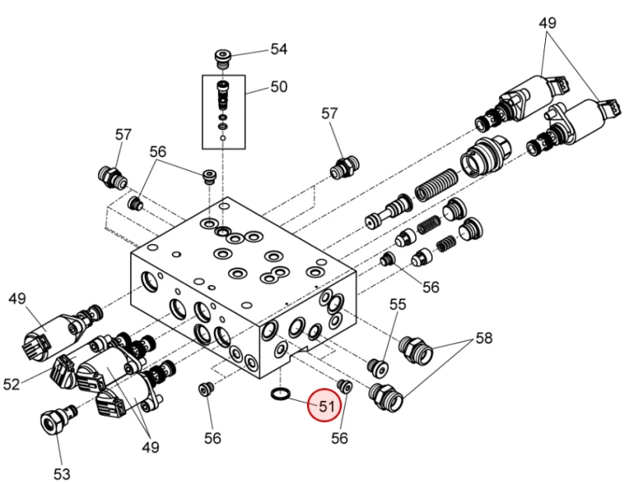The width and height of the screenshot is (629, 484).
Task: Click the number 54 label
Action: (x=278, y=49)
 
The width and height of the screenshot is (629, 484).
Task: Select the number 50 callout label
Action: (x=278, y=86)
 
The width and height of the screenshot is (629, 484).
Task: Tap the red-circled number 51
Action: (x=326, y=407)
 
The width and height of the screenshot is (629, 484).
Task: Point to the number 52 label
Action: (x=11, y=384)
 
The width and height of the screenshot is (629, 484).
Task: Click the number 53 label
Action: (x=62, y=474)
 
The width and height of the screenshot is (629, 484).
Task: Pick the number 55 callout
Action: (x=398, y=304)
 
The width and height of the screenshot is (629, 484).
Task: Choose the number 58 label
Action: (x=484, y=338)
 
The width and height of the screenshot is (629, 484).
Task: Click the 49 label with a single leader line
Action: (x=17, y=299)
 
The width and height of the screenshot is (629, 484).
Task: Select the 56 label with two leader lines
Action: (x=158, y=152)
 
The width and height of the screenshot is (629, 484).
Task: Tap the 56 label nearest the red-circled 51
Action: (x=340, y=438)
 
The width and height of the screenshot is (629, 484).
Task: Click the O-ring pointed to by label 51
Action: (x=280, y=393)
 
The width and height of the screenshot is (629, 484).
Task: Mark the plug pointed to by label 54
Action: (x=222, y=58)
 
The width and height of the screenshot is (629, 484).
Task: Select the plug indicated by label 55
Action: (x=378, y=367)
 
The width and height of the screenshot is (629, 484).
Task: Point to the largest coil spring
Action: (x=436, y=185)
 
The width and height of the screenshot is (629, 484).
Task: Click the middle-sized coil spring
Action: (x=429, y=224)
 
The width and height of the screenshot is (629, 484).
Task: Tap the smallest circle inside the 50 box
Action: (x=223, y=138)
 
